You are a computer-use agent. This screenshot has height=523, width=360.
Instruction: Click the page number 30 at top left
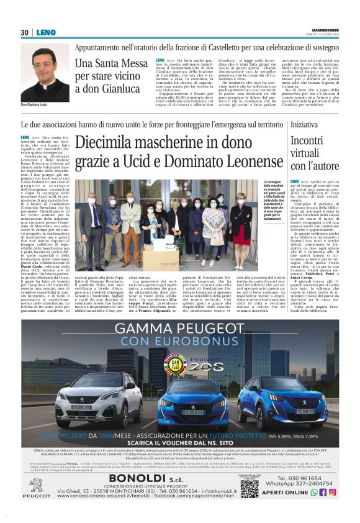click(x=24, y=32)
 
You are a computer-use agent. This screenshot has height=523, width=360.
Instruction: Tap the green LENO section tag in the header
click(x=46, y=32)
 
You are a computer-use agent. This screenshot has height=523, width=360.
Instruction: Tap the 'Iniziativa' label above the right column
click(x=304, y=125)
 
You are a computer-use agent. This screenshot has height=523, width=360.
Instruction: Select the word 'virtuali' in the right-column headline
click(x=307, y=153)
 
